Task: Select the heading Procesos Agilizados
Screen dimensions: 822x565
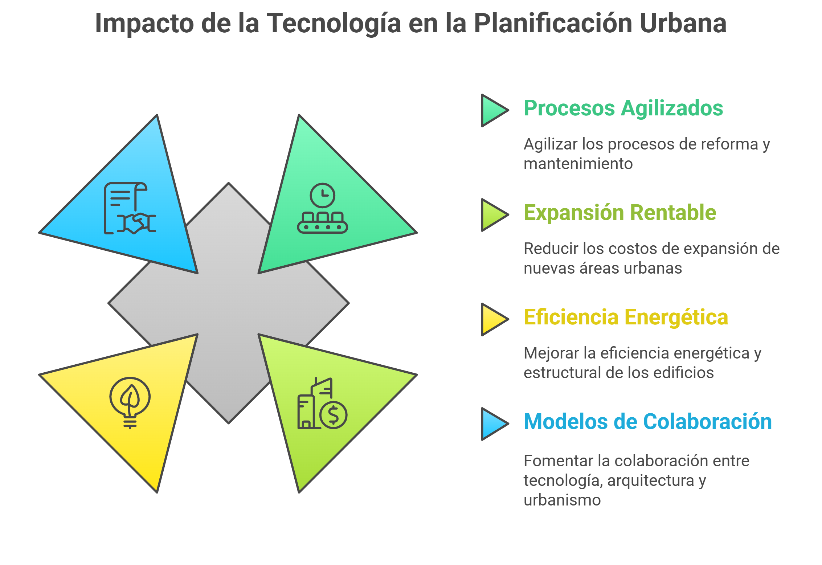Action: click(623, 109)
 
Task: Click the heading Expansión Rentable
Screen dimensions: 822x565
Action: click(620, 213)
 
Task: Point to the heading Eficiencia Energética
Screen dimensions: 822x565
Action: click(626, 318)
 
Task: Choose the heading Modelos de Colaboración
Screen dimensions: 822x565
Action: click(647, 422)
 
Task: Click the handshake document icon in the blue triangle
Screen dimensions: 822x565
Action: click(130, 208)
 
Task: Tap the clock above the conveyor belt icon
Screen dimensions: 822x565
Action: click(322, 195)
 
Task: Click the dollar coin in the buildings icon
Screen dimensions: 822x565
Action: click(334, 415)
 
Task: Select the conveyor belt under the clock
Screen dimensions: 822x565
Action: click(322, 222)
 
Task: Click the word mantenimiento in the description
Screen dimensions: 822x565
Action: click(578, 164)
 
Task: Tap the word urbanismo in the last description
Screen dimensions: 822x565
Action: click(562, 500)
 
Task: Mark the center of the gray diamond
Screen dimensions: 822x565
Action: click(229, 303)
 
